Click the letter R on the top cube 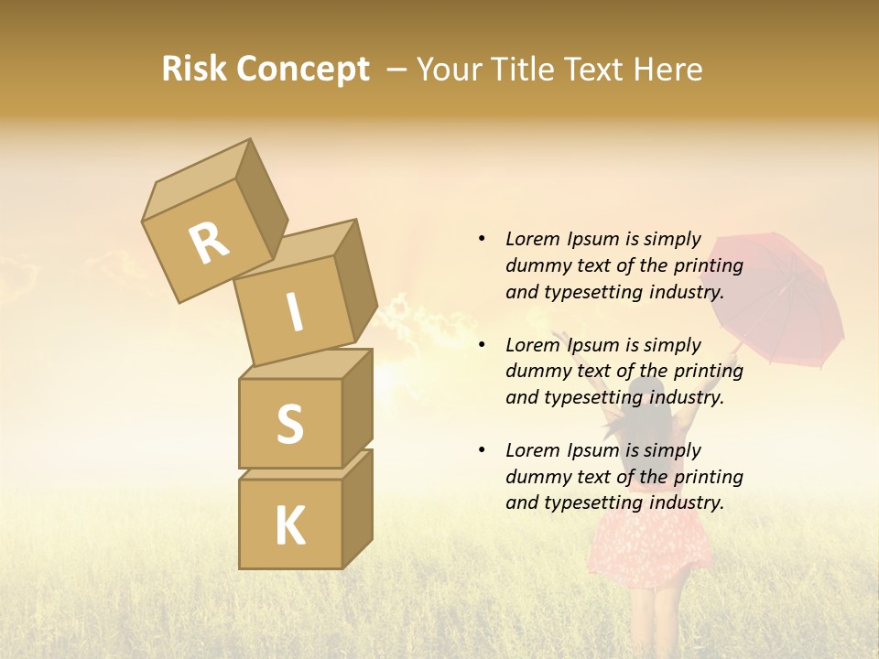pyautogui.click(x=209, y=243)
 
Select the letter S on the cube pyautogui.click(x=289, y=424)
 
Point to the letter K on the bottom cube pyautogui.click(x=290, y=526)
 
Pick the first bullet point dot pyautogui.click(x=482, y=239)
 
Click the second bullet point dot pyautogui.click(x=482, y=345)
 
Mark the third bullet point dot pyautogui.click(x=482, y=450)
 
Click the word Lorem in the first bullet pyautogui.click(x=532, y=239)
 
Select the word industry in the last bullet pyautogui.click(x=686, y=502)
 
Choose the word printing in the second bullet pyautogui.click(x=709, y=372)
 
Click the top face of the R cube pyautogui.click(x=194, y=186)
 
